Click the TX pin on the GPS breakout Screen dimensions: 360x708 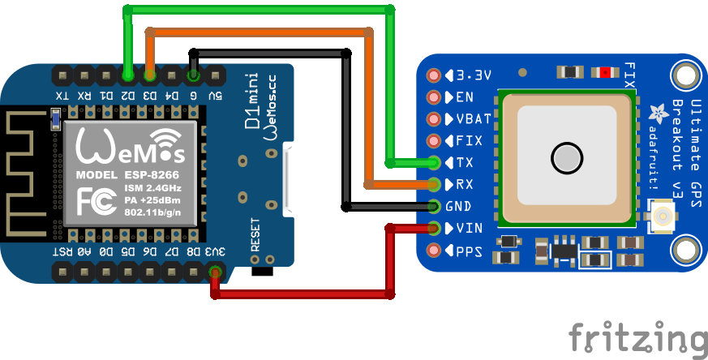pyautogui.click(x=435, y=162)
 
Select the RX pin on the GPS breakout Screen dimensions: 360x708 pyautogui.click(x=435, y=184)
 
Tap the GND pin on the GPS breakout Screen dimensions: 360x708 pyautogui.click(x=435, y=206)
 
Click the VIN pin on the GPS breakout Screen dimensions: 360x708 pyautogui.click(x=435, y=228)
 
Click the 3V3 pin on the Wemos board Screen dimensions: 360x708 pyautogui.click(x=215, y=272)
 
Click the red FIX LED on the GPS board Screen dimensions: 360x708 pyautogui.click(x=605, y=73)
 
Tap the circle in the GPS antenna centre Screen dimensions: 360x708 pyautogui.click(x=565, y=157)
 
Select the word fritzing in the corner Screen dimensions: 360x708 pyautogui.click(x=637, y=336)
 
